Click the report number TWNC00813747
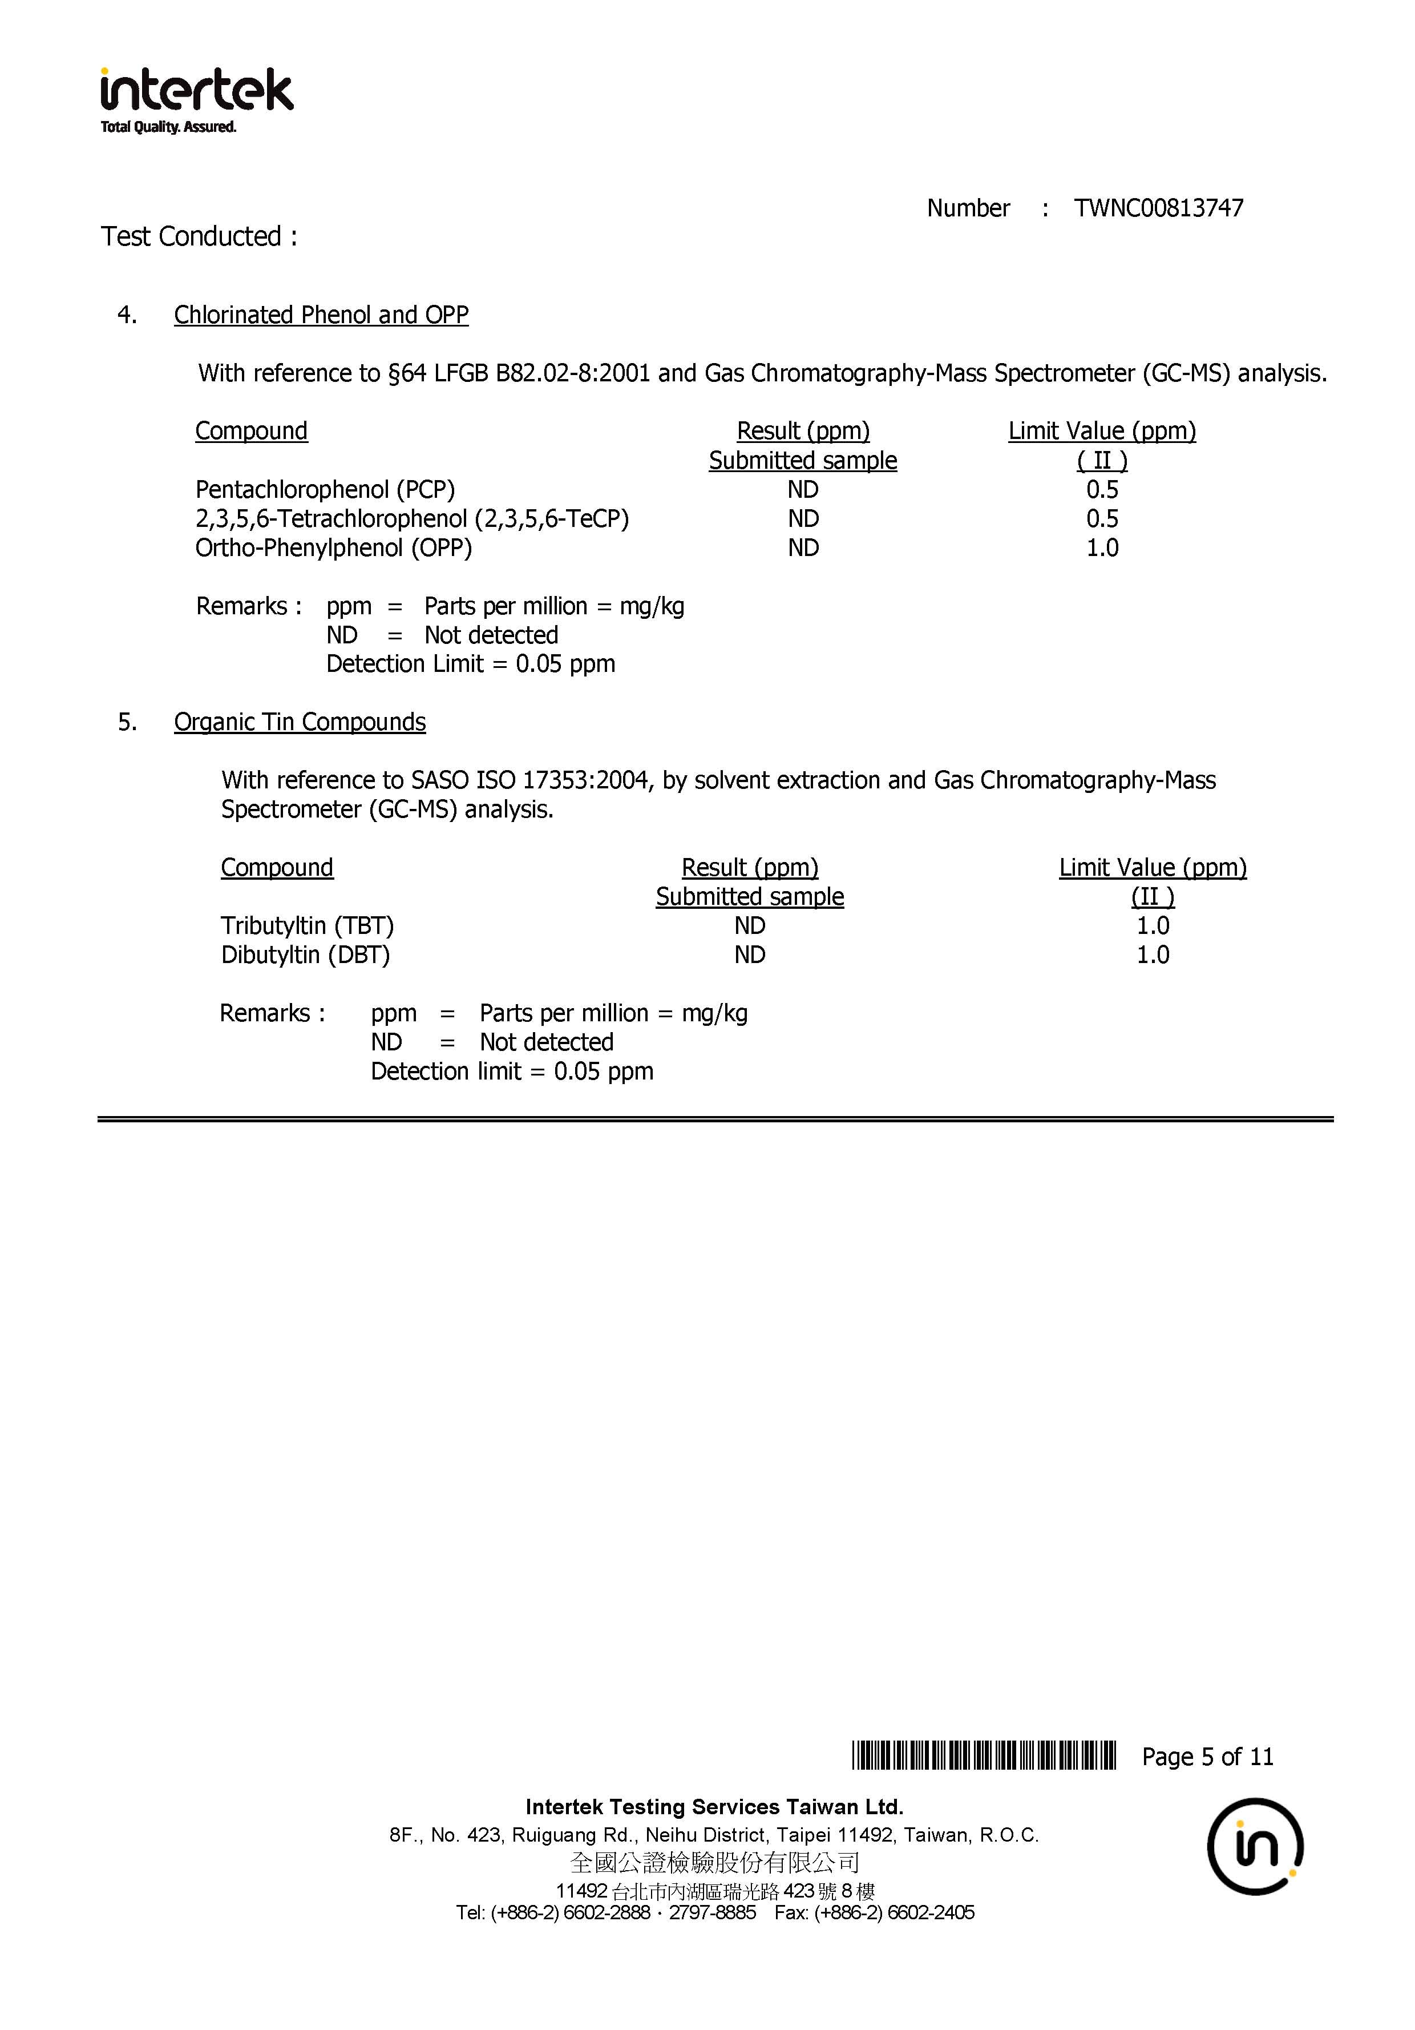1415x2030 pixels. pyautogui.click(x=1158, y=209)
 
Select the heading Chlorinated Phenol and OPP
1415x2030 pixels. pyautogui.click(x=321, y=315)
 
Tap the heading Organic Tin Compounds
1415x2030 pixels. pyautogui.click(x=300, y=722)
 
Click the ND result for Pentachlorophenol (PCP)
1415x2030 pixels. pyautogui.click(x=803, y=490)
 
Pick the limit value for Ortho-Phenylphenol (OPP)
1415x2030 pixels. pyautogui.click(x=1101, y=548)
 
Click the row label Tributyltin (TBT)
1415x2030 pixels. pyautogui.click(x=307, y=926)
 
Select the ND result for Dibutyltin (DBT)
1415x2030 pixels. pyautogui.click(x=750, y=955)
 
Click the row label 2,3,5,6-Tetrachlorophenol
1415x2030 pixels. pyautogui.click(x=412, y=519)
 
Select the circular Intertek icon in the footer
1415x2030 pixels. pyautogui.click(x=1255, y=1847)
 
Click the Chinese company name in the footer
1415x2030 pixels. pyautogui.click(x=714, y=1863)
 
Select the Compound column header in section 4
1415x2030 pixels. pyautogui.click(x=251, y=432)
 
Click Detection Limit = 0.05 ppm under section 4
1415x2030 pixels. pyautogui.click(x=470, y=664)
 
